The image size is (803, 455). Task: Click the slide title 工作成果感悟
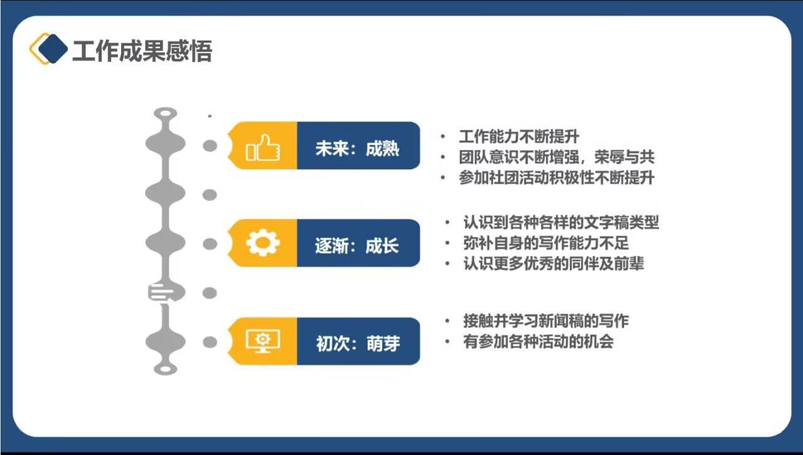(142, 51)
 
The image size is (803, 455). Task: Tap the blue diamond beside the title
(53, 49)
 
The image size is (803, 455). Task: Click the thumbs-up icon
(263, 147)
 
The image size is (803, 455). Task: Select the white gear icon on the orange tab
(263, 243)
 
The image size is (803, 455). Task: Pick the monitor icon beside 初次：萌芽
(263, 341)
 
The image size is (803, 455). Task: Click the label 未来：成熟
(357, 149)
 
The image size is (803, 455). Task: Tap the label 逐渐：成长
(357, 246)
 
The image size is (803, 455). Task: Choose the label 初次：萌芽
(358, 343)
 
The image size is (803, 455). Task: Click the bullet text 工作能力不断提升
(519, 137)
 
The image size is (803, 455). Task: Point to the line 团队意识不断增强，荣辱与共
(556, 157)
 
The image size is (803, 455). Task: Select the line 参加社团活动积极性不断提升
(556, 178)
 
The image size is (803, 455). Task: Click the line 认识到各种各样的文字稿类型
(561, 222)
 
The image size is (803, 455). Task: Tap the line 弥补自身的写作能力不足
(546, 243)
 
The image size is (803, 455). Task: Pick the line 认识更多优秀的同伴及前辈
(553, 264)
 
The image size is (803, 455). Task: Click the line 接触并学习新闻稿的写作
(546, 321)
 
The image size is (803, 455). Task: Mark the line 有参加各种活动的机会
(538, 342)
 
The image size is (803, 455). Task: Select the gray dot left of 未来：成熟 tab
(210, 146)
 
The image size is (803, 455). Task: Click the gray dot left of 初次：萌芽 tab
(210, 342)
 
